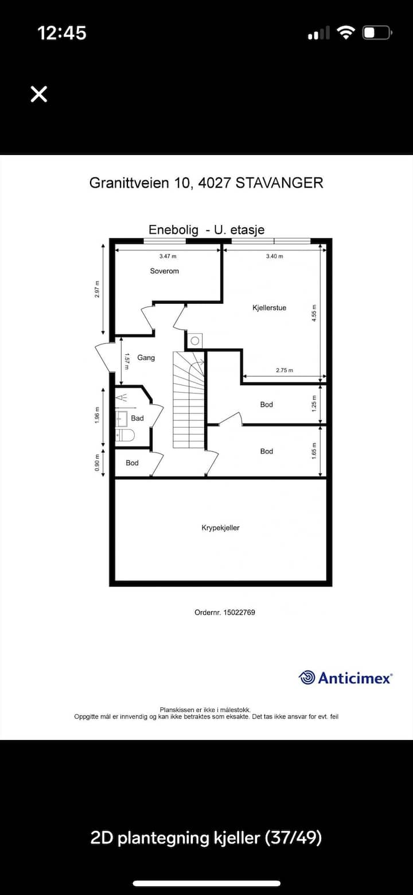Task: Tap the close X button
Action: (x=39, y=94)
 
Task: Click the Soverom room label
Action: (x=165, y=271)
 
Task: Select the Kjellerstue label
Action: (x=270, y=308)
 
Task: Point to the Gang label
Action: (x=146, y=358)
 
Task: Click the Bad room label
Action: (x=137, y=419)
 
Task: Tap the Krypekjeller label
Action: (x=220, y=528)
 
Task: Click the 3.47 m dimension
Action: (x=167, y=256)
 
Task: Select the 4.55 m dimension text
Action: (x=314, y=313)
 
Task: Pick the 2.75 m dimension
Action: (x=285, y=370)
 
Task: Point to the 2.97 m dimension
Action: (x=98, y=289)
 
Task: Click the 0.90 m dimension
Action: (x=98, y=463)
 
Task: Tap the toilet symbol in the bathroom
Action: (x=125, y=435)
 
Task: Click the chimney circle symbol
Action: (x=194, y=341)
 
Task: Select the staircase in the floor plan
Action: (x=189, y=400)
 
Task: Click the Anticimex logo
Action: (x=345, y=677)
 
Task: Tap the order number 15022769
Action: (x=239, y=612)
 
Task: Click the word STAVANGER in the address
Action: (x=279, y=183)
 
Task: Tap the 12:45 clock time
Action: (x=62, y=33)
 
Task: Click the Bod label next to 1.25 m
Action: (x=267, y=404)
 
